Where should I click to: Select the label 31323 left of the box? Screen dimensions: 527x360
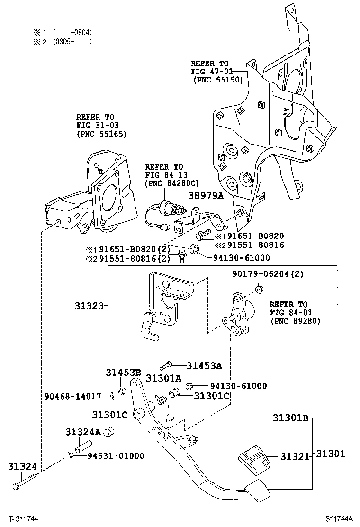(x=89, y=306)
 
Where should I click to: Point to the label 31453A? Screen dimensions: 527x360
(x=204, y=365)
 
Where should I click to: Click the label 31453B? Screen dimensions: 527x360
(x=123, y=373)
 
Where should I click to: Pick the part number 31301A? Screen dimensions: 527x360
(x=163, y=378)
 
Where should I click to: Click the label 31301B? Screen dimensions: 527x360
(x=290, y=418)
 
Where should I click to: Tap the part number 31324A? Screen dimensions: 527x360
(x=83, y=432)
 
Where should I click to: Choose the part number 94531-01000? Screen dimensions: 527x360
(x=116, y=456)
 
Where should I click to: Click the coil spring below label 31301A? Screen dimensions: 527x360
(x=162, y=400)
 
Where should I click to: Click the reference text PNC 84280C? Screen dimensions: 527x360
(x=172, y=183)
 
